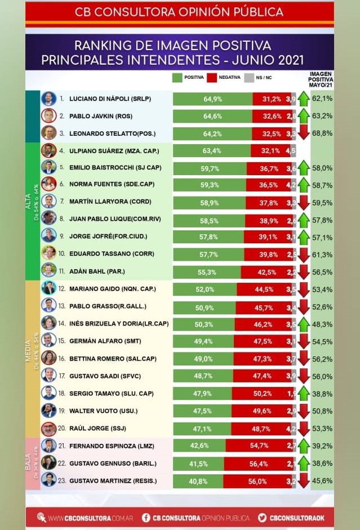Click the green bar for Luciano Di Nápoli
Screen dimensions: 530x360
pyautogui.click(x=212, y=99)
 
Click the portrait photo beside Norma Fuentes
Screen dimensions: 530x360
pyautogui.click(x=48, y=184)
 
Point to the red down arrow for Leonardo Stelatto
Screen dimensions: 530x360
pyautogui.click(x=303, y=133)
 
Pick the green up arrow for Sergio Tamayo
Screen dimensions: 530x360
pyautogui.click(x=303, y=393)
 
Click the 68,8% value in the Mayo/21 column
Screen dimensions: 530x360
pyautogui.click(x=323, y=133)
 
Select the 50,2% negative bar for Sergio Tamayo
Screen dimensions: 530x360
pyautogui.click(x=261, y=393)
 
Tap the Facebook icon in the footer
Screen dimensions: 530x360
pyautogui.click(x=145, y=517)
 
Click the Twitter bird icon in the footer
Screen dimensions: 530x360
pyautogui.click(x=262, y=517)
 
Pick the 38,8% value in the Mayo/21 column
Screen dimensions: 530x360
pyautogui.click(x=323, y=393)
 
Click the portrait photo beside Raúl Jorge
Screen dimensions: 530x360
pyautogui.click(x=48, y=428)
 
